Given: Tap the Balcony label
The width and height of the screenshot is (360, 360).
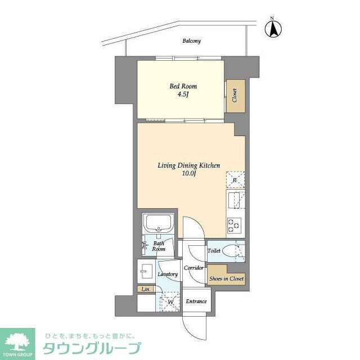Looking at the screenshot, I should click(x=191, y=41).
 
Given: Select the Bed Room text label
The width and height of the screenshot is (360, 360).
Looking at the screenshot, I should click(x=183, y=86).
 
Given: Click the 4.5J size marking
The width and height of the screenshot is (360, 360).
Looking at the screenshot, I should click(x=183, y=95).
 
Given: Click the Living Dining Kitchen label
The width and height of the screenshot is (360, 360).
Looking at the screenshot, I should click(x=188, y=165).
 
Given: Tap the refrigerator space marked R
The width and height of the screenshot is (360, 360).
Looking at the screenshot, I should click(x=235, y=180).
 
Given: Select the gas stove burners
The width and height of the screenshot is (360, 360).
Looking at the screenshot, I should click(x=235, y=226).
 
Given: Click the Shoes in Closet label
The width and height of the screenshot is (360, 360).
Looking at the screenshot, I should click(x=226, y=278).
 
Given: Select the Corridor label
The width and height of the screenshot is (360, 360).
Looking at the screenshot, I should click(x=194, y=268).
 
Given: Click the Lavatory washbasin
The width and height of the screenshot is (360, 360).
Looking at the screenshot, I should click(x=146, y=272).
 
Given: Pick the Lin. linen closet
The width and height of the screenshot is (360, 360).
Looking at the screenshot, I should click(x=146, y=289).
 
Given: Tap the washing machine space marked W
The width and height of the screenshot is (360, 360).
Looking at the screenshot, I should click(x=169, y=301).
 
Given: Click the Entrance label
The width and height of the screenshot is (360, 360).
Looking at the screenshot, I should click(x=196, y=301).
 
